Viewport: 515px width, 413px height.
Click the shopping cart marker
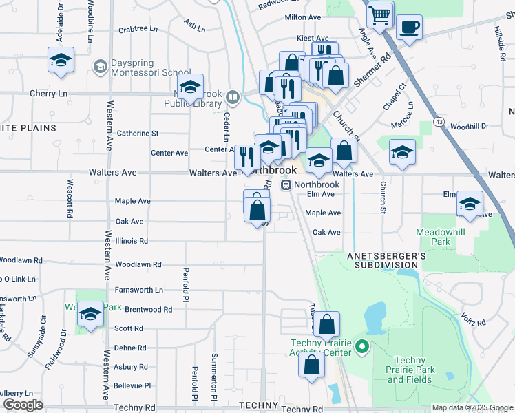click(379, 14)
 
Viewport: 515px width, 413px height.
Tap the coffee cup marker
click(409, 28)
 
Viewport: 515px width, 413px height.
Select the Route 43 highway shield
click(438, 121)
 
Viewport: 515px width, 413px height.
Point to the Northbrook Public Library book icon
click(231, 97)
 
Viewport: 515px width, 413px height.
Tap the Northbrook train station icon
click(285, 184)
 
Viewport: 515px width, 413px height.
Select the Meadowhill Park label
click(441, 237)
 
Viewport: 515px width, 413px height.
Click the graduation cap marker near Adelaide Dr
click(61, 60)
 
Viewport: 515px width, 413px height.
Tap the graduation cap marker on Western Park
click(90, 314)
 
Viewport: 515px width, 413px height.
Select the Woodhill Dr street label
click(470, 126)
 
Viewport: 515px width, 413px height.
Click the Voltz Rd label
click(474, 319)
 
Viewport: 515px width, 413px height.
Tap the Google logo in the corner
click(23, 405)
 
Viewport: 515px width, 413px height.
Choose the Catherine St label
click(138, 133)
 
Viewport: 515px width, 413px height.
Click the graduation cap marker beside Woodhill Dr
click(402, 153)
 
